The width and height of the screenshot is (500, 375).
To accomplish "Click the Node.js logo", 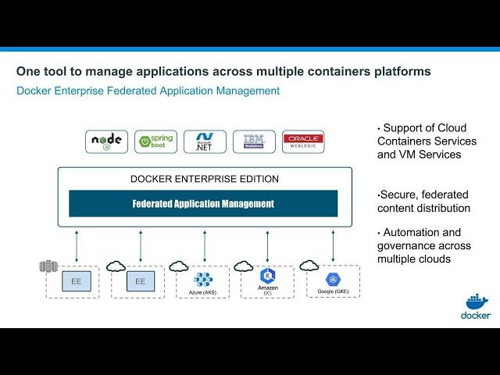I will (x=106, y=141).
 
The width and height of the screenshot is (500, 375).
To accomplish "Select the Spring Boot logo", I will (x=155, y=141).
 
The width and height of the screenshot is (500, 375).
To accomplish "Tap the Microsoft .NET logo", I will (x=205, y=141).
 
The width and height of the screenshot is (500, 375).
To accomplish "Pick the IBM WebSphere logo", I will (x=254, y=141).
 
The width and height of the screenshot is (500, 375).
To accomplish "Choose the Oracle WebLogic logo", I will (x=303, y=141).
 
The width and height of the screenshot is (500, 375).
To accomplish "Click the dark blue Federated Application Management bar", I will (x=203, y=204).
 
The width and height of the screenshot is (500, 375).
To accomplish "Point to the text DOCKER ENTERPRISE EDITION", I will (x=204, y=179).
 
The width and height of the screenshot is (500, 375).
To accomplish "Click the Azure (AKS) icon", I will (x=203, y=280).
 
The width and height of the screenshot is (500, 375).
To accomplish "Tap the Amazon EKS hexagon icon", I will (x=267, y=276).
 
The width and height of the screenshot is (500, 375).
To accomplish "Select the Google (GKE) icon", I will (x=333, y=279).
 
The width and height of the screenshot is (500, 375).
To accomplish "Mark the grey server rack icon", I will (x=48, y=266).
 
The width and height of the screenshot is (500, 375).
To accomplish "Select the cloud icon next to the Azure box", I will (x=179, y=266).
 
